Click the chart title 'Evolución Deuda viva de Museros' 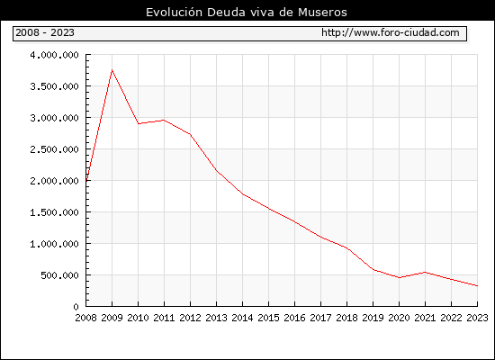click(247, 13)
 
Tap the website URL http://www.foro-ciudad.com click(391, 32)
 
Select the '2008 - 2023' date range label click(45, 32)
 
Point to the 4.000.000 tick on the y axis click(54, 55)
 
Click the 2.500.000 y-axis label click(54, 149)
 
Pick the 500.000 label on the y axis click(59, 275)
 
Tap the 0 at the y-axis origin click(76, 307)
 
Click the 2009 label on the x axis click(112, 318)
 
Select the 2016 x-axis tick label click(294, 318)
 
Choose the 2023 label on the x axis click(477, 318)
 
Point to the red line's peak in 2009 click(112, 70)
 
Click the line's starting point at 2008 click(86, 181)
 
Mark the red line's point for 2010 click(139, 123)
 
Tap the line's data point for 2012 click(191, 134)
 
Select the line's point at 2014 click(242, 194)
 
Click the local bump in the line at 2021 click(425, 272)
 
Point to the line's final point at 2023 click(477, 286)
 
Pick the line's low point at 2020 click(399, 277)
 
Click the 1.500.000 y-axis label click(54, 212)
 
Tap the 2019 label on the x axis click(373, 318)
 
